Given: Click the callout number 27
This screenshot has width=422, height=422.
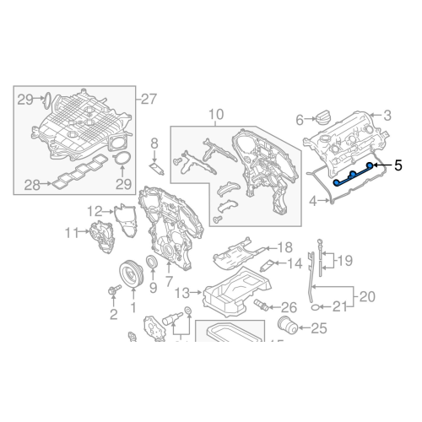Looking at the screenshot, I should (149, 98).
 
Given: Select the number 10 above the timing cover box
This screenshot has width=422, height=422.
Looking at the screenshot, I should (215, 114).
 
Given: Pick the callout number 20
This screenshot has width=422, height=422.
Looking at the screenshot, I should (367, 296).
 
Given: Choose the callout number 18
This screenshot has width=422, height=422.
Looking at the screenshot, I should (284, 248).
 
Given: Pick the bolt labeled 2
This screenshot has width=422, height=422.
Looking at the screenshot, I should (112, 293).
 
